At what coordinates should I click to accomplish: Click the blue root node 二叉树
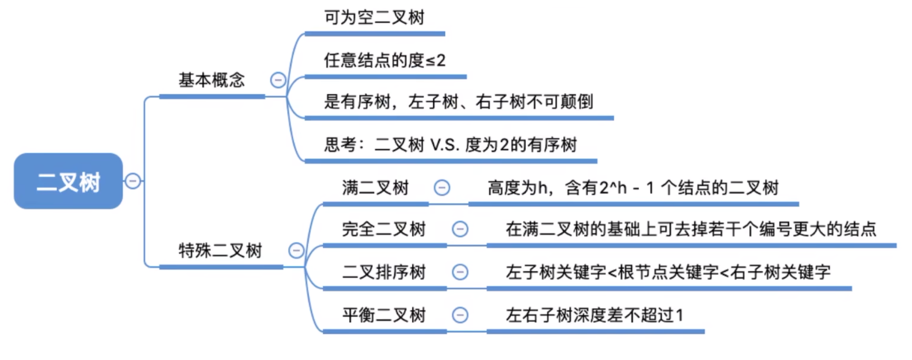pos(68,181)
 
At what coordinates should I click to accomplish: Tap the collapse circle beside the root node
pos(133,181)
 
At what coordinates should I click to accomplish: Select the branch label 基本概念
pos(212,80)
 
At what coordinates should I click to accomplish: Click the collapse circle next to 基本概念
pos(278,80)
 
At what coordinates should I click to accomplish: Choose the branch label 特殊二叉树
pos(220,250)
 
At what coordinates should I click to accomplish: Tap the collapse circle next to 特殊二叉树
pos(296,250)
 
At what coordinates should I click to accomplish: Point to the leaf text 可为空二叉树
pos(374,17)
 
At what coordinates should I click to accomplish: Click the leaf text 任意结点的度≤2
pos(384,61)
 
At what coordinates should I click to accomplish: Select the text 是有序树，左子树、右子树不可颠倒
pos(458,102)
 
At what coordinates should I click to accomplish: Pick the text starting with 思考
pos(450,145)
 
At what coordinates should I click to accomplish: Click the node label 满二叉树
pos(375,188)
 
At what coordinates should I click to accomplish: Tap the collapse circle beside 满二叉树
pos(442,188)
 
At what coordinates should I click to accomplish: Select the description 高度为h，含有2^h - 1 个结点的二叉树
pos(633,188)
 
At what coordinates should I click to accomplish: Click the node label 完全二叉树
pos(383,229)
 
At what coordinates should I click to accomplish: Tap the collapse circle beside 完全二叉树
pos(460,229)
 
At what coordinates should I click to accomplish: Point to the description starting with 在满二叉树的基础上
pos(690,229)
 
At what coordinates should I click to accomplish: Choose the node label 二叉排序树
pos(383,272)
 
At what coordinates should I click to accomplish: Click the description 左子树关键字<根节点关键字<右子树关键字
pos(668,272)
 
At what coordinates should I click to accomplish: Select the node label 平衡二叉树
pos(383,315)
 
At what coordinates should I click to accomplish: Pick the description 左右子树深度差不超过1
pos(594,315)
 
